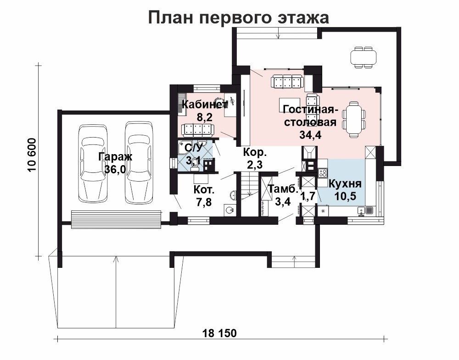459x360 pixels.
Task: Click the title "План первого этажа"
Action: click(239, 17)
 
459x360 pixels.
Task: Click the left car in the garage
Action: click(93, 163)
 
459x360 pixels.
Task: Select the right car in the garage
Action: click(139, 162)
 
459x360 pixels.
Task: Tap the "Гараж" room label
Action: click(115, 157)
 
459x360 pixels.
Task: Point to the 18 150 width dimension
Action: click(219, 333)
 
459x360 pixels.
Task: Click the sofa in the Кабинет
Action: click(197, 130)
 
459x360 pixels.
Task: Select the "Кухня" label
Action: click(345, 183)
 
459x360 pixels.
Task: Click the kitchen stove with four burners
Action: click(323, 172)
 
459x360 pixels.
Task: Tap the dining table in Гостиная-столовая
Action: click(354, 119)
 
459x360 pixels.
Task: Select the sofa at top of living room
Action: click(286, 81)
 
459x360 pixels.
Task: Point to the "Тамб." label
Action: click(283, 189)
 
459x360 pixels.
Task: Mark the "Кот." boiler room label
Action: click(204, 190)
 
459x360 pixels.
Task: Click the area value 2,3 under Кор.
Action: click(255, 165)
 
